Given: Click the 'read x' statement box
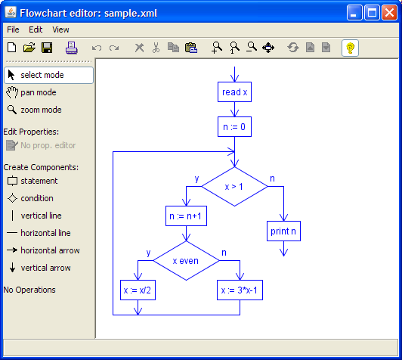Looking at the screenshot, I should [234, 92].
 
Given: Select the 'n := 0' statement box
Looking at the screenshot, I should [234, 128].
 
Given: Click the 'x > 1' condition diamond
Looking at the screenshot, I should [234, 186].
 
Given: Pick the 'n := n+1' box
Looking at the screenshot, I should [186, 217].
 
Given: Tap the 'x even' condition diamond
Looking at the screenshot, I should [186, 260].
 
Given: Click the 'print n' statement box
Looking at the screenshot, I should [283, 231].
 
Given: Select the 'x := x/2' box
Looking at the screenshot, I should [138, 290].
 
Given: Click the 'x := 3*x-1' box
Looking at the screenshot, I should [240, 290].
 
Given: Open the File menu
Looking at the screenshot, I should [13, 29].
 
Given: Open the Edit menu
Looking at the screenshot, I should [36, 29].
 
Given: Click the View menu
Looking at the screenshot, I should [60, 29].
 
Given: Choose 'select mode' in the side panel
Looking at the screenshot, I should [48, 75].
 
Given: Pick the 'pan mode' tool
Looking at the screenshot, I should [38, 92].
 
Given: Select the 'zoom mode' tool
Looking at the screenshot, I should [41, 110].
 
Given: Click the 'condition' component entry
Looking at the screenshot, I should [36, 198].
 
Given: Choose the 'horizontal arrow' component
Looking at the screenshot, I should [50, 250].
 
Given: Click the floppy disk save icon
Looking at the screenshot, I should [47, 48].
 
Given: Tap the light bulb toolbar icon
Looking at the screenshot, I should [350, 48].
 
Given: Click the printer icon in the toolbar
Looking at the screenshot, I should [71, 48].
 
